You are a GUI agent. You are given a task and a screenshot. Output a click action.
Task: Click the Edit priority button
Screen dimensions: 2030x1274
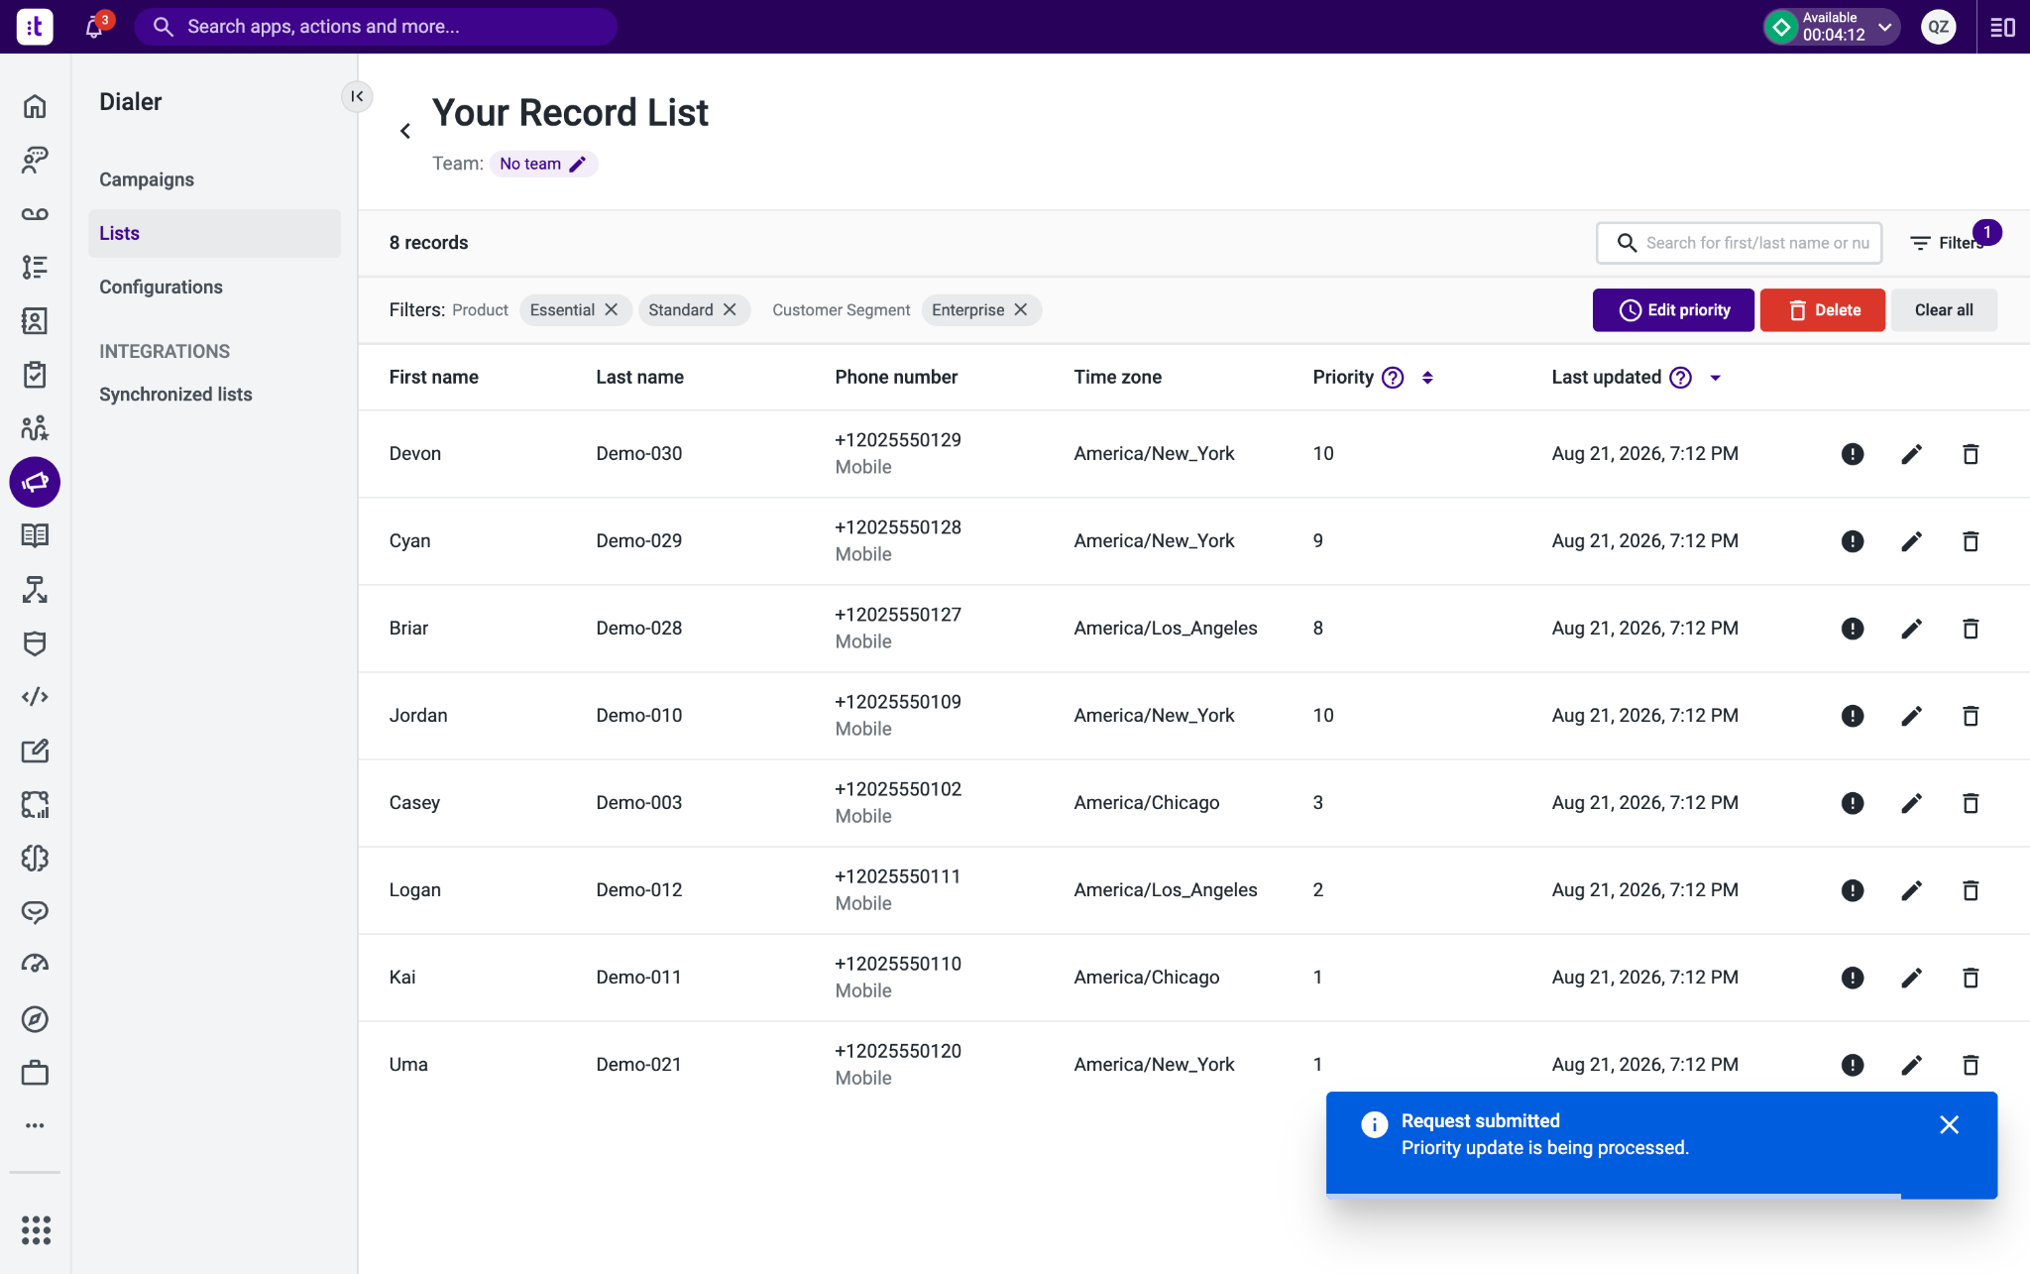(1673, 310)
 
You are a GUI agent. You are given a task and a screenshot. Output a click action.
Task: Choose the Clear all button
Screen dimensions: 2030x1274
(1944, 310)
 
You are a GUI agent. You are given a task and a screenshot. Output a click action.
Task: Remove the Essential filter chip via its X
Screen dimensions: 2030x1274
(612, 310)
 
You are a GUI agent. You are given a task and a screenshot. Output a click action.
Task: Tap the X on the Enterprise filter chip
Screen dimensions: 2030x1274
(1021, 310)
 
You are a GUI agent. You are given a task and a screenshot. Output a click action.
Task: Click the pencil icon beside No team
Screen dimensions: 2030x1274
(578, 165)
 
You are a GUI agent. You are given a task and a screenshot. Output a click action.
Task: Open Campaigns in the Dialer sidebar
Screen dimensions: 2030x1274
(147, 179)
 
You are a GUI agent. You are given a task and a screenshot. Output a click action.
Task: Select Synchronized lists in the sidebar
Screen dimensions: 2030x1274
(175, 395)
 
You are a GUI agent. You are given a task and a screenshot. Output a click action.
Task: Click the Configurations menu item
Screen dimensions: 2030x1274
(161, 288)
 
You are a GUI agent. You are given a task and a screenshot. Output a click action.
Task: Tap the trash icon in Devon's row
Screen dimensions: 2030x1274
(1971, 454)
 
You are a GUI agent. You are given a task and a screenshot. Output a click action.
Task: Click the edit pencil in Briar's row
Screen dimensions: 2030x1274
(1912, 629)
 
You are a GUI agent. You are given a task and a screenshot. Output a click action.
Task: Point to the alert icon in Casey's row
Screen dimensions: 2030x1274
(1853, 803)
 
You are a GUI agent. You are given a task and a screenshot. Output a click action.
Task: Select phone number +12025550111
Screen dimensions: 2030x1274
(898, 876)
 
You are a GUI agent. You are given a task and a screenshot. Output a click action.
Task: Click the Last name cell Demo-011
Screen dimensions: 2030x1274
(639, 978)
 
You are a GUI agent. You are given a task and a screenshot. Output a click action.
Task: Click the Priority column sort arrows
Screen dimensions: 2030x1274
(1427, 378)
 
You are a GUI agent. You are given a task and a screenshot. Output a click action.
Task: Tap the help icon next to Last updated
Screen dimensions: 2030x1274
(1681, 378)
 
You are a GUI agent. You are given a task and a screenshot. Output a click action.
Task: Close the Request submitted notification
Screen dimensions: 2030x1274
(1949, 1124)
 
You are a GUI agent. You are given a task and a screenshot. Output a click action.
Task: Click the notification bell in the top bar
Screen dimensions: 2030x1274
(95, 27)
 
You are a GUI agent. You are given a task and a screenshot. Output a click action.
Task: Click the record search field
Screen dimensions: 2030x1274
(1739, 243)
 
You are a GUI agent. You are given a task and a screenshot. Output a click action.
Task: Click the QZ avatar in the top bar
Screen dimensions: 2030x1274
(1939, 27)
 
